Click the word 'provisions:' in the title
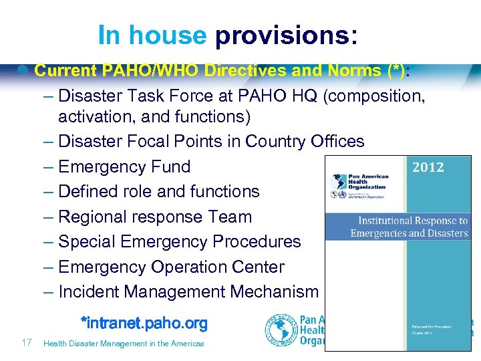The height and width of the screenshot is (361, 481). click(x=285, y=35)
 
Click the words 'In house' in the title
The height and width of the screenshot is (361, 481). click(x=152, y=35)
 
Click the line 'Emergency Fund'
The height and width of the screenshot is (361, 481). click(x=124, y=166)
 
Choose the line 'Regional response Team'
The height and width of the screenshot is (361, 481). click(x=155, y=217)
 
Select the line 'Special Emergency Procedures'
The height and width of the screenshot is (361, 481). click(x=179, y=241)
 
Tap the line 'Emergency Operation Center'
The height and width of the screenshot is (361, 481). click(x=171, y=267)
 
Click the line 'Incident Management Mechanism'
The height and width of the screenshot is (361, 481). click(x=188, y=291)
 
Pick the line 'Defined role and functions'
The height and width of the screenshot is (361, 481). click(x=159, y=191)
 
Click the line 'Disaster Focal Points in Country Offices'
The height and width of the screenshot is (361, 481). click(x=211, y=141)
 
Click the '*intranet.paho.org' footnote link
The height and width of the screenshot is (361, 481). click(x=144, y=324)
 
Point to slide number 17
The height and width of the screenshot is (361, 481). click(x=27, y=343)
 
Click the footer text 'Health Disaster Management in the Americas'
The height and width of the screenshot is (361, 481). click(x=124, y=344)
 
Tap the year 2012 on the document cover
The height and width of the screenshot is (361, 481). click(x=428, y=167)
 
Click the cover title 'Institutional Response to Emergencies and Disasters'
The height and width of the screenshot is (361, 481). click(x=409, y=227)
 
